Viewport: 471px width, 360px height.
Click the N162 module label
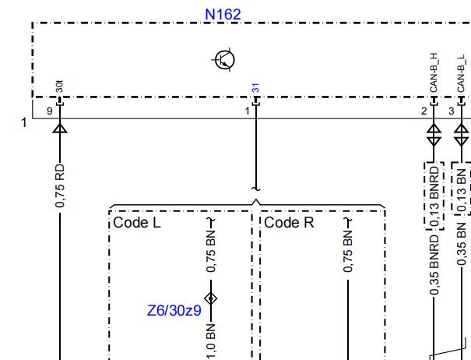tap(223, 15)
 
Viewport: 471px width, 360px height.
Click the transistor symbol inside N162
tap(224, 59)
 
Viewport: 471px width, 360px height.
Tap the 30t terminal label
tap(59, 86)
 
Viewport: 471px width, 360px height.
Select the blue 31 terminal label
tap(255, 88)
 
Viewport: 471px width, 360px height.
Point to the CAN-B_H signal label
tap(434, 72)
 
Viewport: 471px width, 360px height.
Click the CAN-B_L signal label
tap(462, 74)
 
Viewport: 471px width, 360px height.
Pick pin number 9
tap(50, 111)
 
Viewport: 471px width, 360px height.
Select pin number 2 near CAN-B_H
tap(424, 111)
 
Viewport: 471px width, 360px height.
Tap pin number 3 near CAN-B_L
tap(452, 111)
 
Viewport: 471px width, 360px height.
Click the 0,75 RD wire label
tap(60, 185)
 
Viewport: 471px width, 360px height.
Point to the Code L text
tap(137, 223)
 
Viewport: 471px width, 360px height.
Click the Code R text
tap(289, 223)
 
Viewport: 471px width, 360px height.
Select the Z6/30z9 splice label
tap(174, 310)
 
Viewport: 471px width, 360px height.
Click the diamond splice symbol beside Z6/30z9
tap(211, 298)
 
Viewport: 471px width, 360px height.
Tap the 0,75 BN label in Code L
tap(211, 252)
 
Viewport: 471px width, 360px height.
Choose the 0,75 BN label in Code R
tap(347, 252)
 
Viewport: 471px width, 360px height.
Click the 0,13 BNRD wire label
tap(434, 196)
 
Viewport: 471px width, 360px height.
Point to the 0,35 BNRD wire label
tap(434, 265)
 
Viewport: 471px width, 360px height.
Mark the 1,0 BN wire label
tap(211, 341)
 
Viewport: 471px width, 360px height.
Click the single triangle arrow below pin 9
tap(60, 128)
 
